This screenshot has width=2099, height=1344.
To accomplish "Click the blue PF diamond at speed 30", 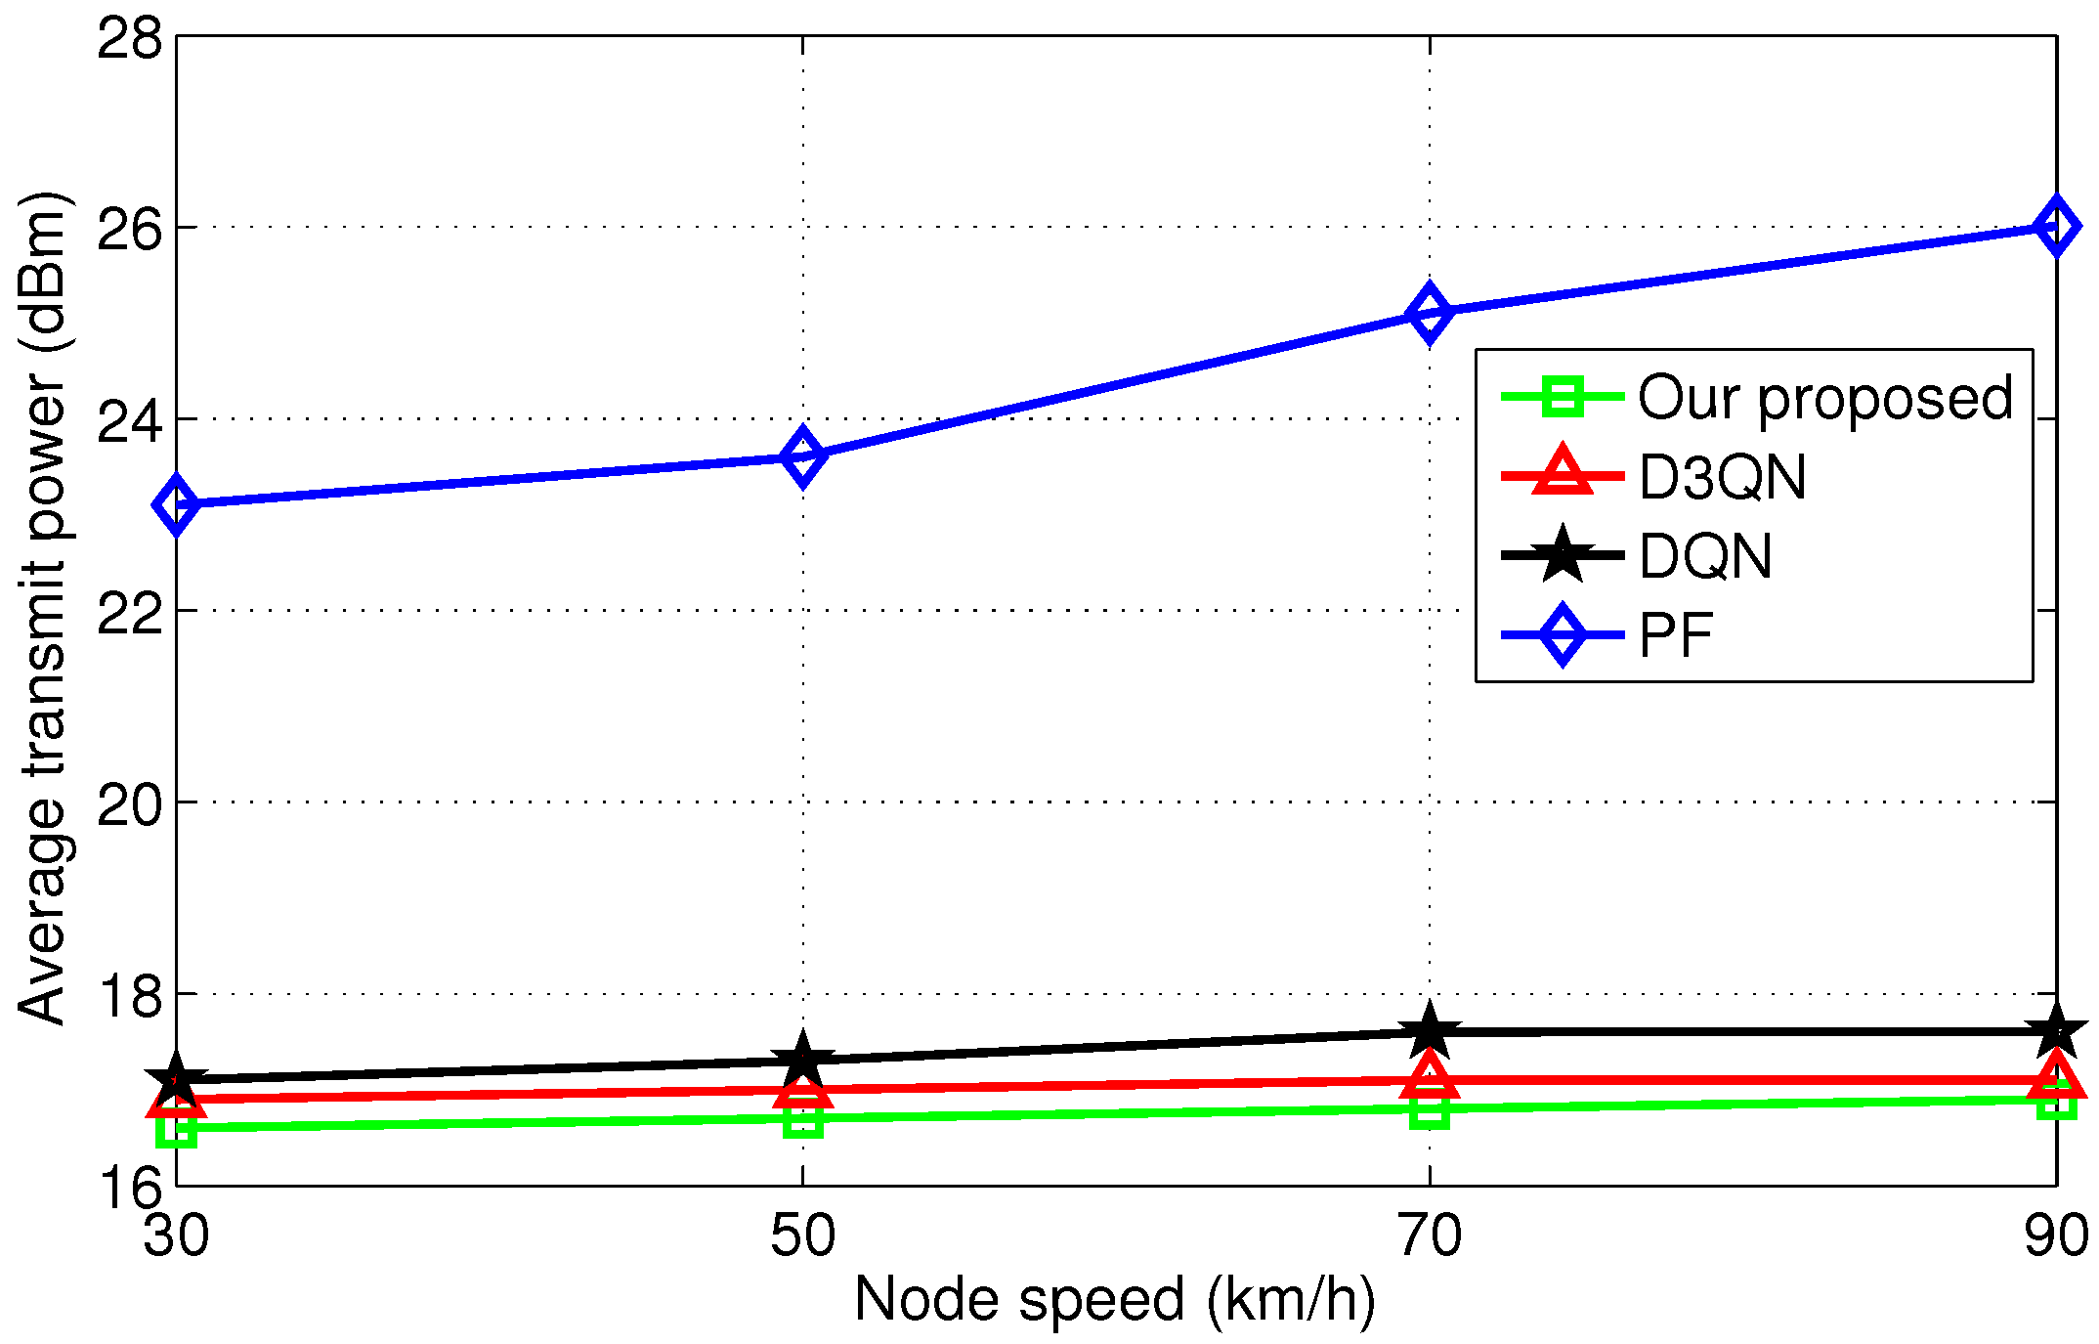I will (x=176, y=505).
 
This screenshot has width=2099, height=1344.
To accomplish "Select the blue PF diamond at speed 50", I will (x=802, y=456).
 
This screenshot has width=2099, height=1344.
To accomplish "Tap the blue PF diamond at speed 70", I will (x=1430, y=314).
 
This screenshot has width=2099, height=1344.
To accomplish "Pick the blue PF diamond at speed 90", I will (x=2056, y=226).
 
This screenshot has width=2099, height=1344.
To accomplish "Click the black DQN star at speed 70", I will (x=1430, y=1032).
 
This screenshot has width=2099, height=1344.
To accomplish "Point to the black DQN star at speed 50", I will (x=802, y=1061).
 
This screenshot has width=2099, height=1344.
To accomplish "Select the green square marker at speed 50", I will (x=802, y=1118).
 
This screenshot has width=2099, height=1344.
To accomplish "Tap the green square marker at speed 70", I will (x=1430, y=1109).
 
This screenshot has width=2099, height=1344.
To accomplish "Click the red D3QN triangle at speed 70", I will (x=1430, y=1077).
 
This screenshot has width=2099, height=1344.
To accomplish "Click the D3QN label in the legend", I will (x=1722, y=478).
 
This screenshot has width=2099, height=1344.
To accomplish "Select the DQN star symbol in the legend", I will (x=1562, y=555).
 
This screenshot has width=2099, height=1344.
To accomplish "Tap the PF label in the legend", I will (x=1676, y=635).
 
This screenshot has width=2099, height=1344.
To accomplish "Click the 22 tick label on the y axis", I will (x=130, y=613).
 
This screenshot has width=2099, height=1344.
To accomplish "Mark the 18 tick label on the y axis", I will (x=130, y=996).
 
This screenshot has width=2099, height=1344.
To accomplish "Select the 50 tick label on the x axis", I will (x=802, y=1235).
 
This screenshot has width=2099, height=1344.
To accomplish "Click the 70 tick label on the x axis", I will (x=1430, y=1235).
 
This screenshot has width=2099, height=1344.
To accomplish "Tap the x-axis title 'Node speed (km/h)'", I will (x=1115, y=1301).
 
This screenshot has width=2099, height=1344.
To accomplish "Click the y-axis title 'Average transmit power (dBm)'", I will (x=44, y=608).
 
